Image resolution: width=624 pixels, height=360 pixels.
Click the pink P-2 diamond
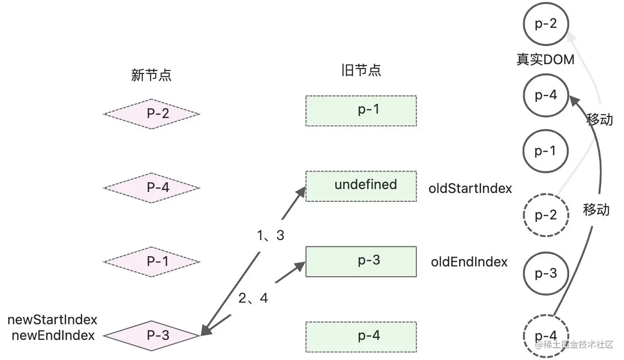[151, 114]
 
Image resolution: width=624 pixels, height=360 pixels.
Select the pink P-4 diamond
[151, 188]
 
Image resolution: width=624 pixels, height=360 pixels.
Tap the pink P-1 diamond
[151, 262]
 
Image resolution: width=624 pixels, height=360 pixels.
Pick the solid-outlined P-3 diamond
[151, 336]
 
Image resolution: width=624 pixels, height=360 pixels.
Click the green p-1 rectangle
[361, 111]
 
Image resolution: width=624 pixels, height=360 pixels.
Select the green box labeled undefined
[361, 186]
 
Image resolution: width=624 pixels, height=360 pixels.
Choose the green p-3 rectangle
[361, 262]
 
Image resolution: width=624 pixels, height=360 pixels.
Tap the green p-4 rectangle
[361, 337]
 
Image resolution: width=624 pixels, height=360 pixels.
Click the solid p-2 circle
[546, 24]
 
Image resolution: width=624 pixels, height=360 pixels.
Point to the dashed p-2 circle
[546, 215]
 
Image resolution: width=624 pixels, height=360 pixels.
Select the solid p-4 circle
[546, 96]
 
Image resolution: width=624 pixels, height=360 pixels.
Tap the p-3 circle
[546, 274]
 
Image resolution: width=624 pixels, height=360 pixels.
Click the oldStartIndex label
[470, 188]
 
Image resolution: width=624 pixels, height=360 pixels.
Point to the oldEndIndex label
[469, 262]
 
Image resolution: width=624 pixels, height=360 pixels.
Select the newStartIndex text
[52, 320]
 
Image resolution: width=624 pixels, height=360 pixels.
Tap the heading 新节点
[151, 75]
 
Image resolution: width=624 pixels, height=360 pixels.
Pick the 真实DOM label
[545, 60]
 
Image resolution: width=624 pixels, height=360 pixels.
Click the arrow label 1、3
[270, 236]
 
